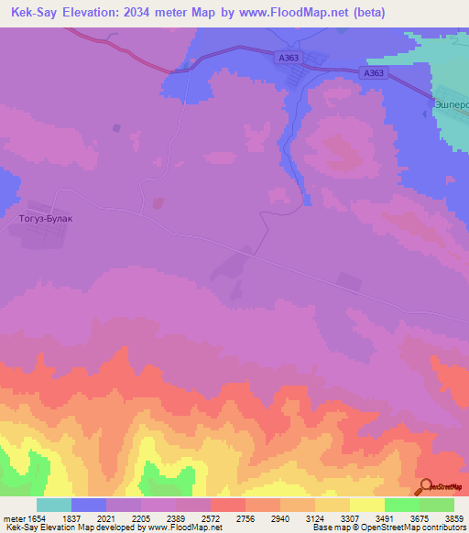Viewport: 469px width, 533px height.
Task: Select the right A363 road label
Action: click(374, 72)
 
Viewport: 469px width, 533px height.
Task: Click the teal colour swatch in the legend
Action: click(54, 505)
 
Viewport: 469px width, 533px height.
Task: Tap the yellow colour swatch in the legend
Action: click(367, 505)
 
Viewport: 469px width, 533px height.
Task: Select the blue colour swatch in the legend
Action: click(89, 505)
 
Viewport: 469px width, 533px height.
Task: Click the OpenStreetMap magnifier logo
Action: click(425, 487)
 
